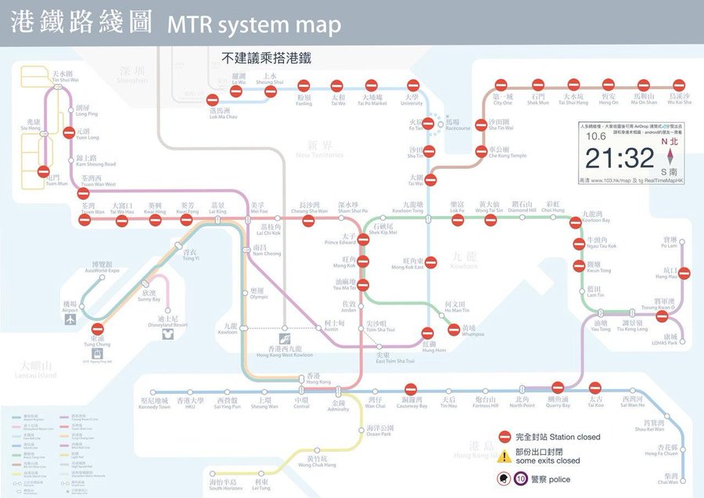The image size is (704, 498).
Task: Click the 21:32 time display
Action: click(x=619, y=158)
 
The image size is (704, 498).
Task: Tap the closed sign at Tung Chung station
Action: click(x=97, y=330)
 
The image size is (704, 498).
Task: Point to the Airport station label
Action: click(x=70, y=306)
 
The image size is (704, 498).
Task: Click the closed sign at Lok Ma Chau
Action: click(x=213, y=99)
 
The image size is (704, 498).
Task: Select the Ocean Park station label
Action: click(x=379, y=431)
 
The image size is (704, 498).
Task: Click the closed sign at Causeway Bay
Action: click(x=411, y=389)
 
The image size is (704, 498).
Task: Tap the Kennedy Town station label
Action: click(x=153, y=403)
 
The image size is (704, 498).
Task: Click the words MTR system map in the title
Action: click(x=254, y=25)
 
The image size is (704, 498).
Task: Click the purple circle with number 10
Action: click(x=520, y=479)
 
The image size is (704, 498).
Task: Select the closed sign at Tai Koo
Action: click(x=594, y=388)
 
